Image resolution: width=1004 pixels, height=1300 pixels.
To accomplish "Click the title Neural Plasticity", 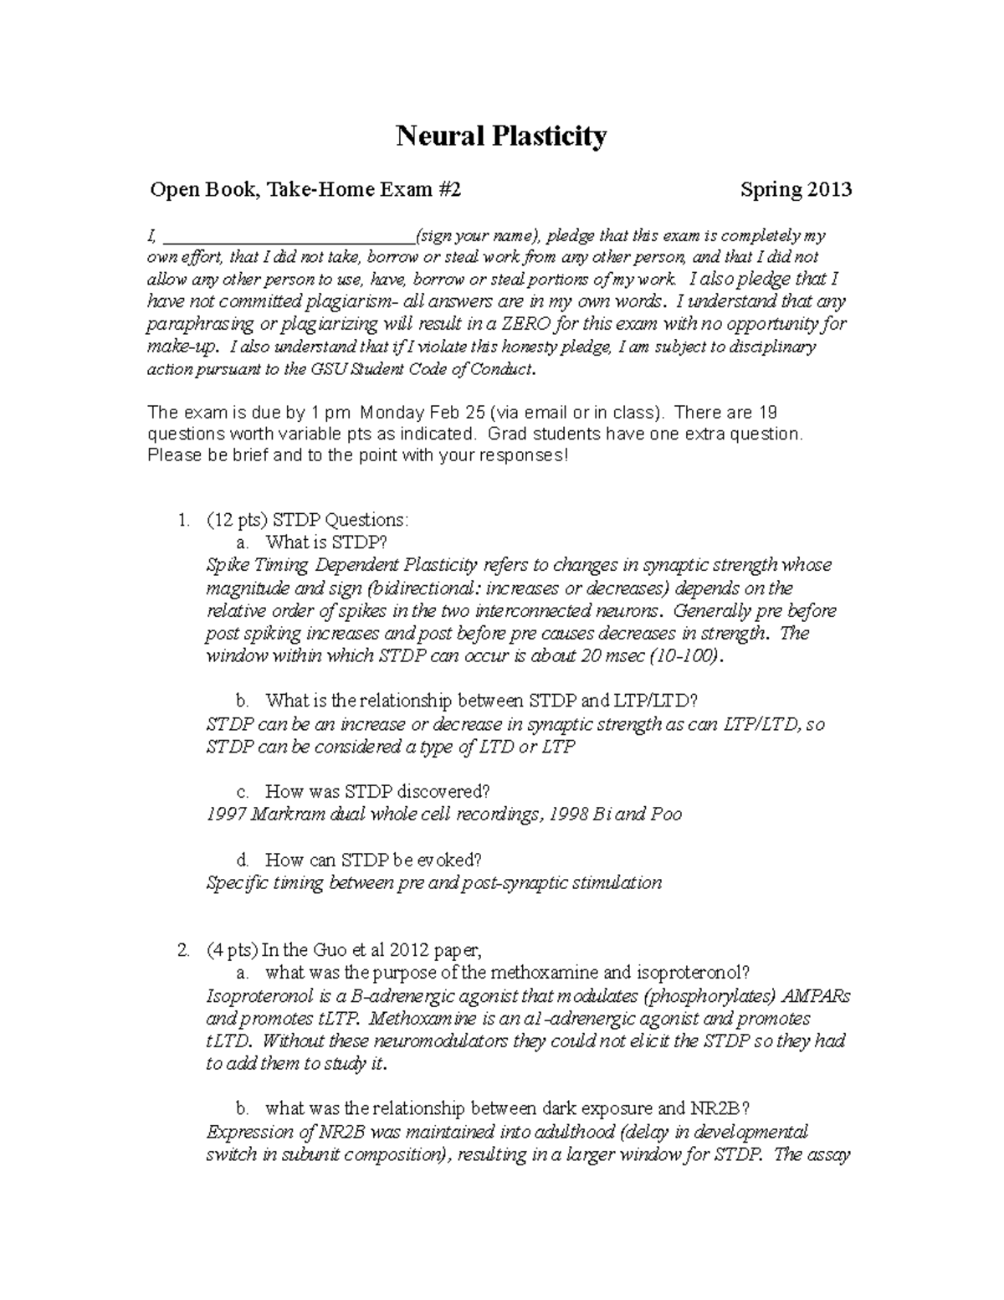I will click(501, 136).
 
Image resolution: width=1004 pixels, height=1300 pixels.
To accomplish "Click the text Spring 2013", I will click(796, 190).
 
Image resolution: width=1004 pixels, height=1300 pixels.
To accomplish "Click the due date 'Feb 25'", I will click(456, 413).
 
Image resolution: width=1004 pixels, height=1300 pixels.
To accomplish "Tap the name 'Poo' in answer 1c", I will click(667, 814).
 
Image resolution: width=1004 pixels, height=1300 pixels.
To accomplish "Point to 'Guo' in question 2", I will click(330, 950).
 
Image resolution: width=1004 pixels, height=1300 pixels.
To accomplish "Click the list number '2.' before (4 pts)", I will click(183, 950).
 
